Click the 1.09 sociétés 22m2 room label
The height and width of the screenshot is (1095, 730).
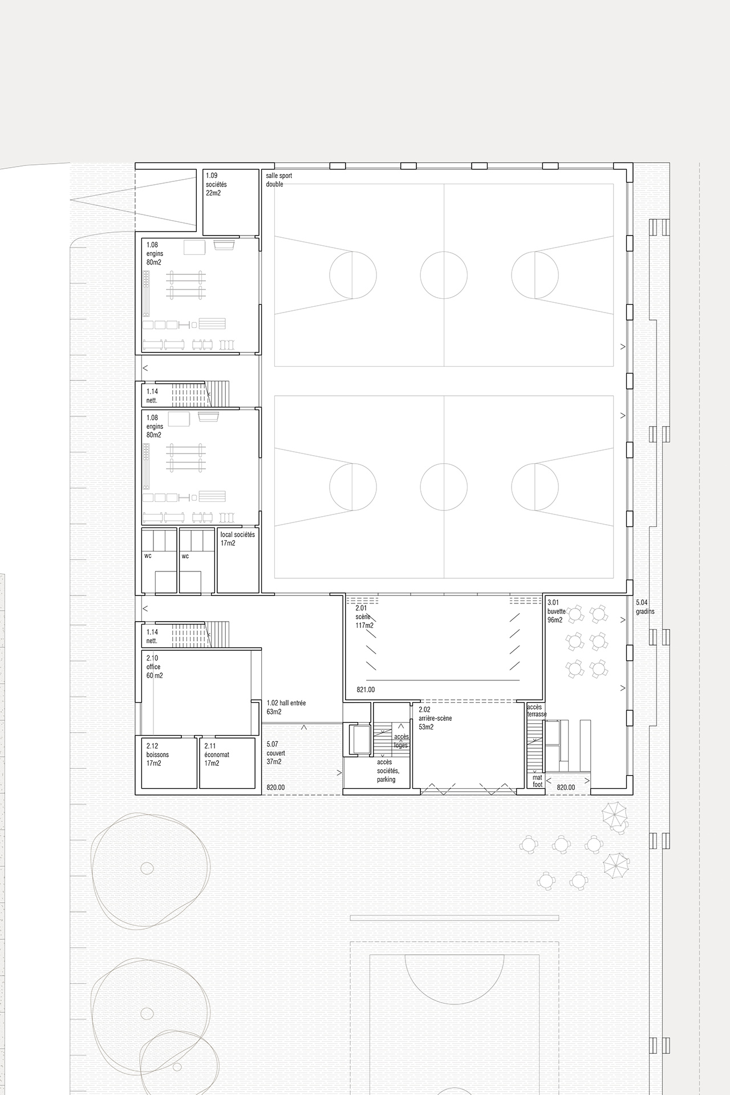click(x=216, y=185)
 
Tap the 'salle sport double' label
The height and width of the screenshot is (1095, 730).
click(x=279, y=180)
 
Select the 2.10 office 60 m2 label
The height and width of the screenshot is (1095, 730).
click(x=154, y=667)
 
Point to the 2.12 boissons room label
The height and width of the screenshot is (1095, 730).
click(x=157, y=754)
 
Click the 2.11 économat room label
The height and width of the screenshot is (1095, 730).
click(x=217, y=754)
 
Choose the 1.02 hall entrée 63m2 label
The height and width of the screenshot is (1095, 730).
click(x=286, y=707)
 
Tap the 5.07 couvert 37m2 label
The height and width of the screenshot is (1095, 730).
click(x=275, y=753)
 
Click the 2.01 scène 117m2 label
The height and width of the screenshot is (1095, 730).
click(x=364, y=617)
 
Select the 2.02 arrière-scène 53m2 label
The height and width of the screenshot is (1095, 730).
click(x=435, y=718)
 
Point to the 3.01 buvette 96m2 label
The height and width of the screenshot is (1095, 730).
click(x=557, y=611)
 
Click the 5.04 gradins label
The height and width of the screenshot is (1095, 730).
click(x=645, y=607)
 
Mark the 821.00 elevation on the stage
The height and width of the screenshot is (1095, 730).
click(x=366, y=690)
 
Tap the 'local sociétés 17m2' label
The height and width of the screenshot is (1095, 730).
click(x=238, y=539)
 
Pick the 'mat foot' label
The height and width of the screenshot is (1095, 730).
click(x=538, y=781)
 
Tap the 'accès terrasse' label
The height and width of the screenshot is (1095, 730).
click(x=537, y=711)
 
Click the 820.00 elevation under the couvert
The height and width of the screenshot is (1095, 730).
click(x=275, y=788)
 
